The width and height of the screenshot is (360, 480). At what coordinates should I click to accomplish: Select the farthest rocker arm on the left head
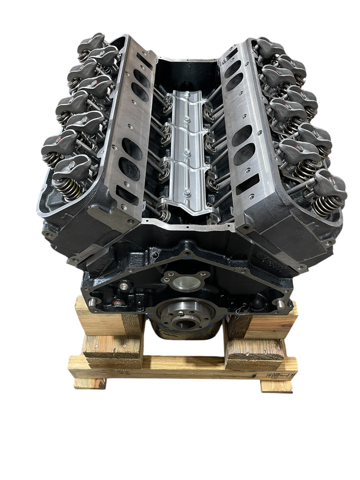tap(94, 39)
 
